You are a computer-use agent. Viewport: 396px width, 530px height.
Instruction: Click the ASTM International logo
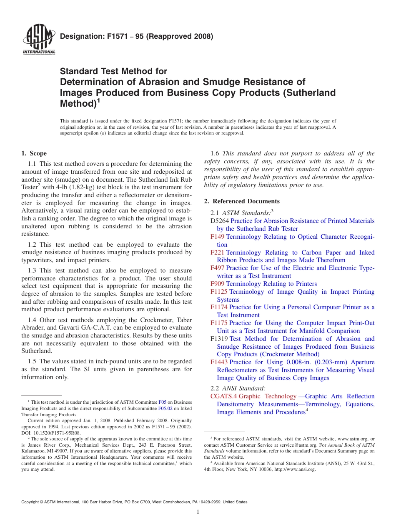[38, 40]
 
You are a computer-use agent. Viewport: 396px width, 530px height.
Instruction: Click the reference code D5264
[220, 221]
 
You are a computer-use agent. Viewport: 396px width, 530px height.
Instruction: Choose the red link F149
[217, 237]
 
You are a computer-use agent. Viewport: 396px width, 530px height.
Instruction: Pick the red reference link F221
[217, 252]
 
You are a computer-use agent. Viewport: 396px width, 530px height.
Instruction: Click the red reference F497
[217, 268]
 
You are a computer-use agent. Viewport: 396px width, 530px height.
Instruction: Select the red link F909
[217, 284]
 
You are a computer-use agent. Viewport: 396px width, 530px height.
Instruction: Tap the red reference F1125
[219, 292]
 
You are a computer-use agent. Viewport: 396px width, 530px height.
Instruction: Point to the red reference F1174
[219, 307]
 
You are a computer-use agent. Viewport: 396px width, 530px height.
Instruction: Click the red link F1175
[219, 323]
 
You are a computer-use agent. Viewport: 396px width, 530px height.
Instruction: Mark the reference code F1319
[219, 339]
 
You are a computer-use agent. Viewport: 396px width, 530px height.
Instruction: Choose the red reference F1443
[219, 362]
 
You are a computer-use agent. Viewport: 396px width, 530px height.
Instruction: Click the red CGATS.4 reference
[223, 396]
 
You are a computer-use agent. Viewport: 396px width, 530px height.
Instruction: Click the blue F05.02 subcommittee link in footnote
[165, 409]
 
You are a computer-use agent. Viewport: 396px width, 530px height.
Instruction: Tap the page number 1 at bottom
[198, 512]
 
